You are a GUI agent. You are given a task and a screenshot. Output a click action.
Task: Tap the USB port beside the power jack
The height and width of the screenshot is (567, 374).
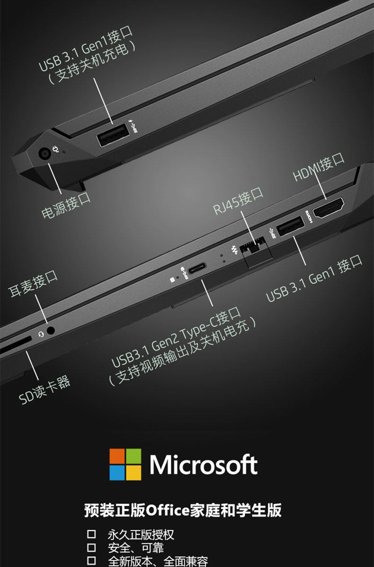tap(112, 135)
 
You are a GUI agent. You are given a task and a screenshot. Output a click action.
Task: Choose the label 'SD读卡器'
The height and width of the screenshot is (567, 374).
tap(45, 390)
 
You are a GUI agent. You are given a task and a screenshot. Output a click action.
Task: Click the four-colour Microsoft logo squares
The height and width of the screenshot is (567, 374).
tap(125, 464)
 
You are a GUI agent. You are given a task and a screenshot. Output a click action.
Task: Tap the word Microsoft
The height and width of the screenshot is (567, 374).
tap(204, 465)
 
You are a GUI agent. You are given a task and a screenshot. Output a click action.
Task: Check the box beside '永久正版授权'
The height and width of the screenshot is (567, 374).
tap(91, 535)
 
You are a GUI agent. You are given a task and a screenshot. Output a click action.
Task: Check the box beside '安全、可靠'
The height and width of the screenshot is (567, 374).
tap(91, 548)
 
